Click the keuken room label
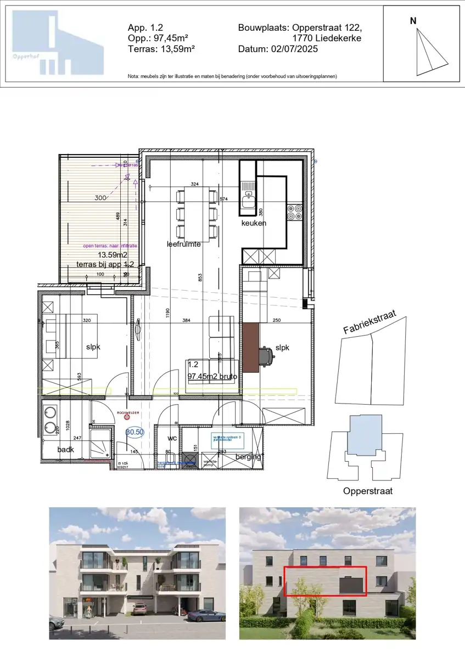(254, 223)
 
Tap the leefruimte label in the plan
(183, 244)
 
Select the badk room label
(66, 450)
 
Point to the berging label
(248, 456)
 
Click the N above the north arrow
(413, 21)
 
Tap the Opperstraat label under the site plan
(367, 491)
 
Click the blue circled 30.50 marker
(135, 432)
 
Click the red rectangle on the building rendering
(325, 581)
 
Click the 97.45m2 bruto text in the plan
(212, 377)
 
